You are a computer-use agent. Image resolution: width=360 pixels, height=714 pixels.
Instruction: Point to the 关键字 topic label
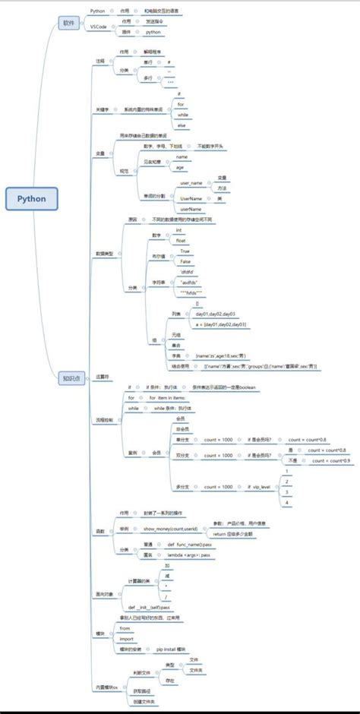[x=101, y=109]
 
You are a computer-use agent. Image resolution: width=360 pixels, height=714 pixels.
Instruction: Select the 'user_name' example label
[x=191, y=183]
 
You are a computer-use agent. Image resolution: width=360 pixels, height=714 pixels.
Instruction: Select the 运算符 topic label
[x=102, y=375]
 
